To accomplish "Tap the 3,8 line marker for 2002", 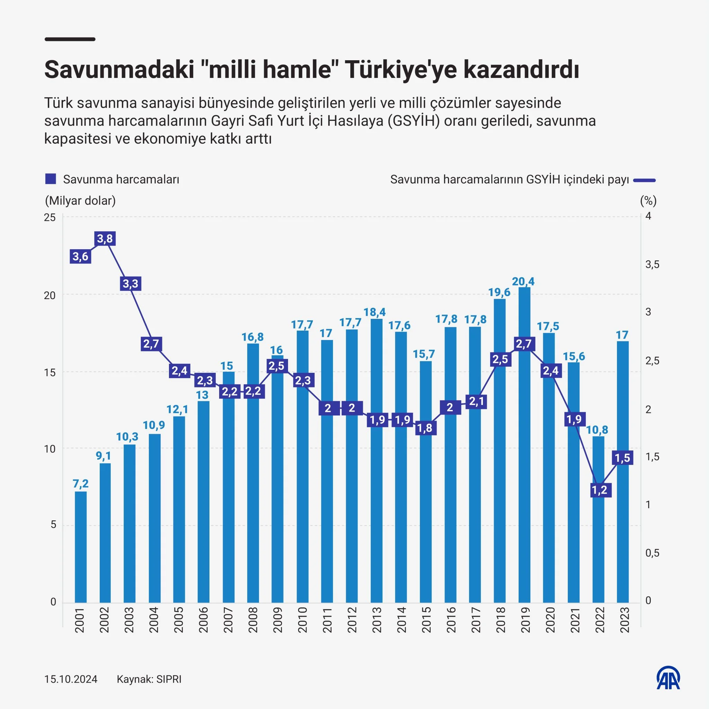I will pyautogui.click(x=105, y=239).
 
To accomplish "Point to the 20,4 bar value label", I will pyautogui.click(x=523, y=281).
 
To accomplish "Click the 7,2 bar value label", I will pyautogui.click(x=81, y=484).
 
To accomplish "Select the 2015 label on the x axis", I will pyautogui.click(x=426, y=620).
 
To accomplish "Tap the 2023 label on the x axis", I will pyautogui.click(x=624, y=620).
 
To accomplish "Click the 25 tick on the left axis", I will pyautogui.click(x=50, y=217).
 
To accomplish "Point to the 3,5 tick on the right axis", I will pyautogui.click(x=652, y=264).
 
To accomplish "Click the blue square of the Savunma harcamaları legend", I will pyautogui.click(x=50, y=179).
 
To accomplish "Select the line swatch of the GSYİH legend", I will pyautogui.click(x=645, y=180).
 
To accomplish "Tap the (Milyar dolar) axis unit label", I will pyautogui.click(x=80, y=200).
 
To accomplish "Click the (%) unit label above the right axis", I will pyautogui.click(x=648, y=200).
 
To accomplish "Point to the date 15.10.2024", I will pyautogui.click(x=71, y=679).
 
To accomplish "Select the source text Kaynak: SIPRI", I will pyautogui.click(x=149, y=679).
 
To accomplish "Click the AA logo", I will pyautogui.click(x=668, y=678).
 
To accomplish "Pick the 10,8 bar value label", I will pyautogui.click(x=597, y=430).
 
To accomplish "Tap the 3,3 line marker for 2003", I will pyautogui.click(x=131, y=284).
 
